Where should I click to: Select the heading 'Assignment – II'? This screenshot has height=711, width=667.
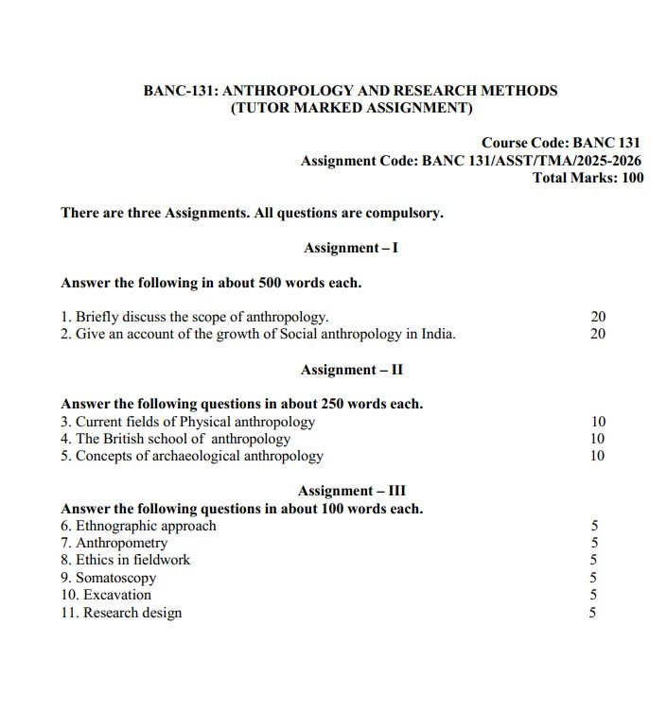pyautogui.click(x=351, y=370)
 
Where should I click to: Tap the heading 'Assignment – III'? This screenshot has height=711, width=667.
pyautogui.click(x=351, y=491)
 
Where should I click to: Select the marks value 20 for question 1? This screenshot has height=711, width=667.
pyautogui.click(x=598, y=317)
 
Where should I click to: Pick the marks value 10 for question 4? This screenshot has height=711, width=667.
pyautogui.click(x=598, y=439)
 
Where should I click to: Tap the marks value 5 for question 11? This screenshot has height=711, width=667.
pyautogui.click(x=593, y=613)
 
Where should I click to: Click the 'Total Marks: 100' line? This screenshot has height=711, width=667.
pyautogui.click(x=588, y=178)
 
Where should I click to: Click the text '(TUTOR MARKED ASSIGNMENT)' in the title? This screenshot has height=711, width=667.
pyautogui.click(x=351, y=109)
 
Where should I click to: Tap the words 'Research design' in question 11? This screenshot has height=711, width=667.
pyautogui.click(x=132, y=613)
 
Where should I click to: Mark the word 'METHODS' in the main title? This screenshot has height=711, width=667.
pyautogui.click(x=519, y=92)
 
